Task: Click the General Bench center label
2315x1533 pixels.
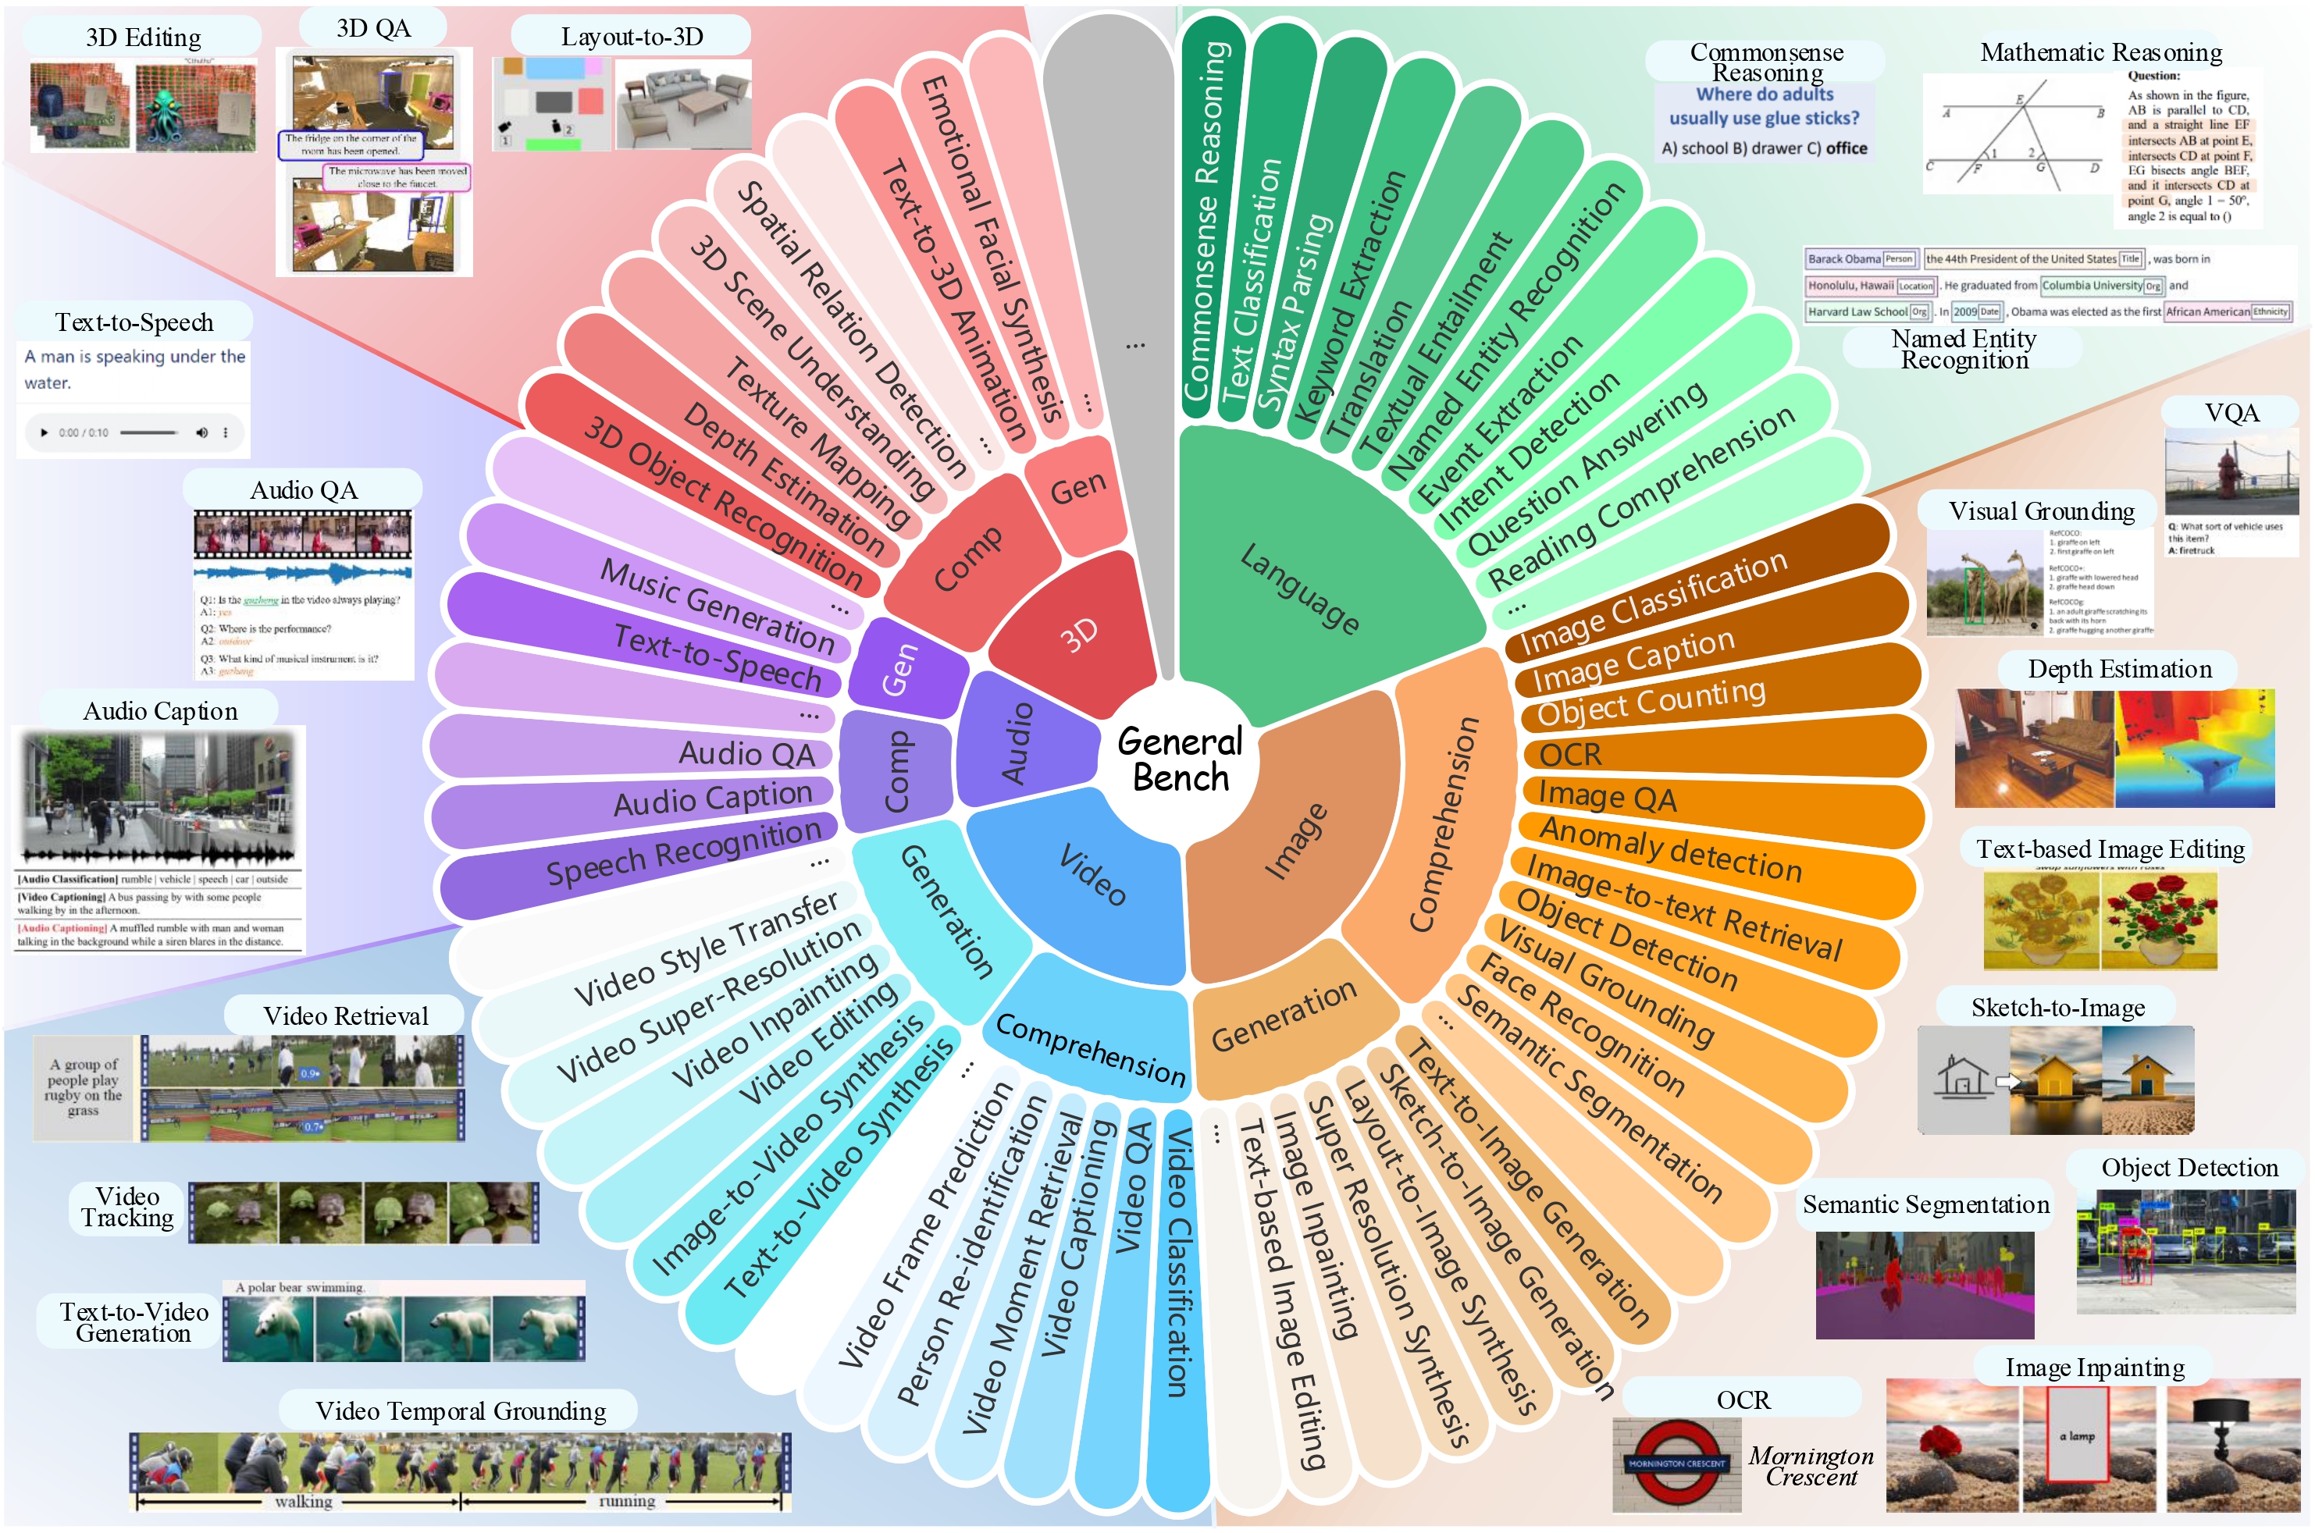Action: point(1181,759)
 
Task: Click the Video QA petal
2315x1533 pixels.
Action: point(1135,1188)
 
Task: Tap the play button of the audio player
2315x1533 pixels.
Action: point(44,432)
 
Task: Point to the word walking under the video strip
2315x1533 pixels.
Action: point(303,1502)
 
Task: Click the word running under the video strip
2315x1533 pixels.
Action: point(627,1502)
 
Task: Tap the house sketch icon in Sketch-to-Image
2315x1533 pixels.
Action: point(1961,1076)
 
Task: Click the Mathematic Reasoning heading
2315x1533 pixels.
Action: point(2101,52)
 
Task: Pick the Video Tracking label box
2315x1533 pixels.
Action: point(127,1208)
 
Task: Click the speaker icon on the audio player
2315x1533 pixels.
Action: point(201,432)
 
